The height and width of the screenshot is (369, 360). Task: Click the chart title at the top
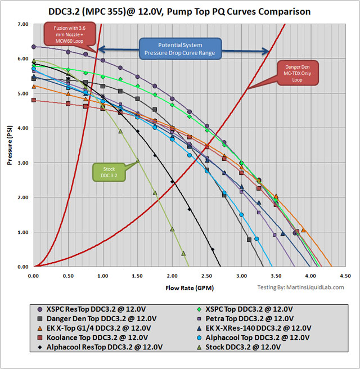(180, 11)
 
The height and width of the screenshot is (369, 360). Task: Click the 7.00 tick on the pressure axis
(21, 24)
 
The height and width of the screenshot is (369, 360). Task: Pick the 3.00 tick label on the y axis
(21, 163)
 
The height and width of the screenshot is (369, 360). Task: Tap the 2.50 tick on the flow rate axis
(207, 276)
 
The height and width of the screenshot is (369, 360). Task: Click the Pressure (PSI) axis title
(10, 146)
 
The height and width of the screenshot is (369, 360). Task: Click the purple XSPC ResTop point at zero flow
(34, 47)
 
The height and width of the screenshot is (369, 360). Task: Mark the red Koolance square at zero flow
(34, 100)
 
